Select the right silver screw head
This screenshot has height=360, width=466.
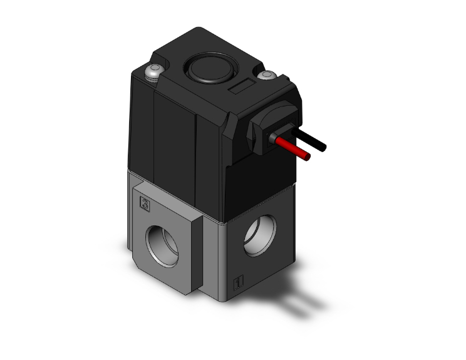pos(268,76)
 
